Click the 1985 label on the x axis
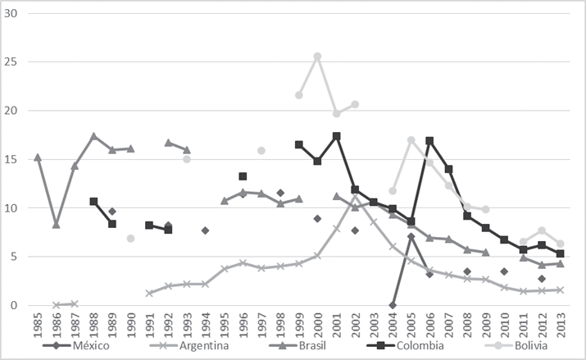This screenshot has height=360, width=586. [x=38, y=323]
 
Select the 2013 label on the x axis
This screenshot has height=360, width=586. [x=560, y=323]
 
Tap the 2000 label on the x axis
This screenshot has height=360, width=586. [x=317, y=323]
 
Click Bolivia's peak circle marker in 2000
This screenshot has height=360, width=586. [x=317, y=57]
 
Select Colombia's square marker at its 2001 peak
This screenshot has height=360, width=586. [x=336, y=136]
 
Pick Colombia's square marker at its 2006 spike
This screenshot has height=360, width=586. [x=429, y=141]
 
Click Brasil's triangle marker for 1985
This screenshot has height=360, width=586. [x=38, y=157]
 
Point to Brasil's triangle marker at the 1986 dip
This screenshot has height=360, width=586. [x=56, y=224]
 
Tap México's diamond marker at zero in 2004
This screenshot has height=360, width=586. [x=393, y=305]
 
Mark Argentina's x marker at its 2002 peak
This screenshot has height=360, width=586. [x=355, y=198]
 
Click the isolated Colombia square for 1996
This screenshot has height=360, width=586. [x=243, y=176]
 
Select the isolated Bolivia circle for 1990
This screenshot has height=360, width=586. [x=130, y=239]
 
